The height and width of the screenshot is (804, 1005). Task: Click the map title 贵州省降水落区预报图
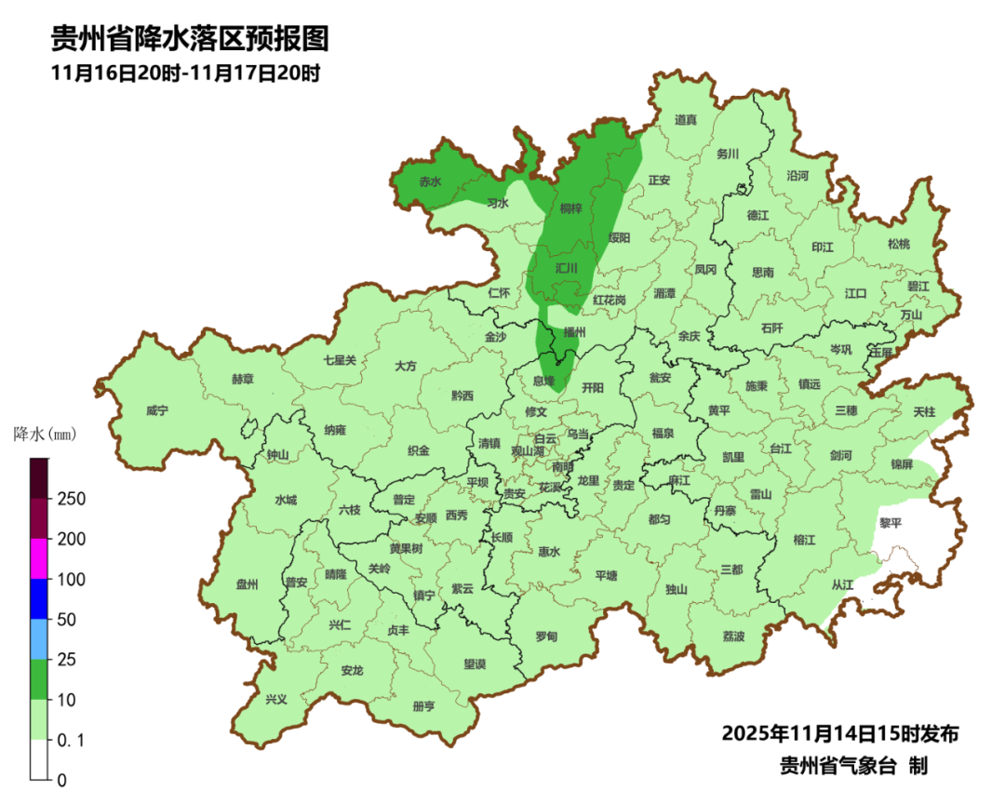coord(190,38)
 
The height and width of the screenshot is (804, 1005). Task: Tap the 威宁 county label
coord(158,410)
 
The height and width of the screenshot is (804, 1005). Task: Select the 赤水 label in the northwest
coord(429,182)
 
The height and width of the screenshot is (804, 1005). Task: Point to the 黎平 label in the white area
coord(891,523)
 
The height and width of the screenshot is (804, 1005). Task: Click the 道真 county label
coord(686,120)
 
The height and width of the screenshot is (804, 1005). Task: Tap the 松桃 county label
coord(898,245)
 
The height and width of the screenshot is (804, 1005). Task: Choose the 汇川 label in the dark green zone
coord(566,268)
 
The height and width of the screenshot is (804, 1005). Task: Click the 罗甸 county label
coord(546,636)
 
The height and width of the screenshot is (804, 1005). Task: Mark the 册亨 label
coord(423,706)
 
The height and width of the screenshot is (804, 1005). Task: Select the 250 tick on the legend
coord(73,499)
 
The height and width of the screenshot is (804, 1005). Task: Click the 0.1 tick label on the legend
coord(71,740)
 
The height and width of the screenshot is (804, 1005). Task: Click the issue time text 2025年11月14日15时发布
coord(840,733)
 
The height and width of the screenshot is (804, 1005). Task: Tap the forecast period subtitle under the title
coord(186,74)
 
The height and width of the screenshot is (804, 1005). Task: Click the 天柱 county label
coord(924,411)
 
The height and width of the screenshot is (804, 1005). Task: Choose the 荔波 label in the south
coord(733,636)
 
